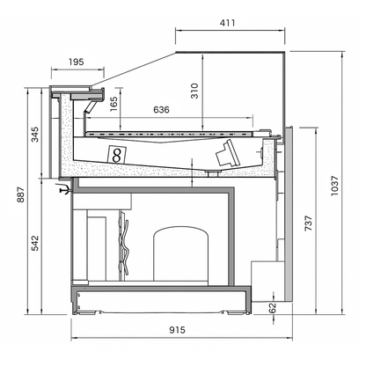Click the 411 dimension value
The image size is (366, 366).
(227, 23)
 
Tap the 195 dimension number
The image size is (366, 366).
(77, 62)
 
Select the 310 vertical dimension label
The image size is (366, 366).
(194, 91)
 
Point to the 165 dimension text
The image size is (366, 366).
(113, 104)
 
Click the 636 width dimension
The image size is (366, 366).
(161, 110)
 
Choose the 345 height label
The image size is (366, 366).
(35, 135)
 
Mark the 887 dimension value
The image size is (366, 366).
(20, 194)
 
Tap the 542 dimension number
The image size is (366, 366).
(35, 243)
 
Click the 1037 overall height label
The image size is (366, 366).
(334, 186)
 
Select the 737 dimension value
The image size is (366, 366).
(309, 223)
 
